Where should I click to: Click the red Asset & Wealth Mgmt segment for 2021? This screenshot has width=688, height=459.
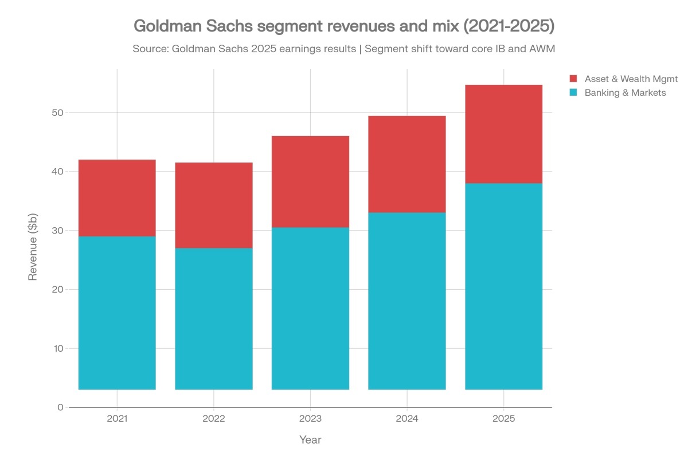pyautogui.click(x=117, y=198)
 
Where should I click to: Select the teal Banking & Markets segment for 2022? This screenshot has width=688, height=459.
pyautogui.click(x=213, y=318)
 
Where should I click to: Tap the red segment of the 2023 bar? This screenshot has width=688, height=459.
pyautogui.click(x=310, y=181)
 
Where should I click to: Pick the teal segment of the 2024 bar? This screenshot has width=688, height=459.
pyautogui.click(x=407, y=301)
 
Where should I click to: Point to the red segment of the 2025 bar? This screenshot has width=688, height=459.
pyautogui.click(x=503, y=134)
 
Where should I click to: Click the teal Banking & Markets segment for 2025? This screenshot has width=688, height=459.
pyautogui.click(x=503, y=286)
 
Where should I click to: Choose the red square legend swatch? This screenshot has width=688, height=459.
pyautogui.click(x=573, y=79)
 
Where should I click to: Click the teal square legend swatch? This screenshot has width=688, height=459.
pyautogui.click(x=573, y=92)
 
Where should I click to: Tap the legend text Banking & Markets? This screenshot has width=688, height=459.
pyautogui.click(x=625, y=92)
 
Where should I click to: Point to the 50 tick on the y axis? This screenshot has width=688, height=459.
pyautogui.click(x=56, y=112)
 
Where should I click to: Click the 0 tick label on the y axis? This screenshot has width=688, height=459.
pyautogui.click(x=60, y=407)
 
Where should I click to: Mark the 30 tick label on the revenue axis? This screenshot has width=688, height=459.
pyautogui.click(x=56, y=231)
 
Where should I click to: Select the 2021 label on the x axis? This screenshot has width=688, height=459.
pyautogui.click(x=117, y=419)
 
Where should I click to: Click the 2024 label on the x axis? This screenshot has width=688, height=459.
pyautogui.click(x=407, y=419)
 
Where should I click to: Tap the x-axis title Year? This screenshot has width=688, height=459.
pyautogui.click(x=310, y=440)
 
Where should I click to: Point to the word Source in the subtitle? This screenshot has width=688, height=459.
pyautogui.click(x=149, y=49)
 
